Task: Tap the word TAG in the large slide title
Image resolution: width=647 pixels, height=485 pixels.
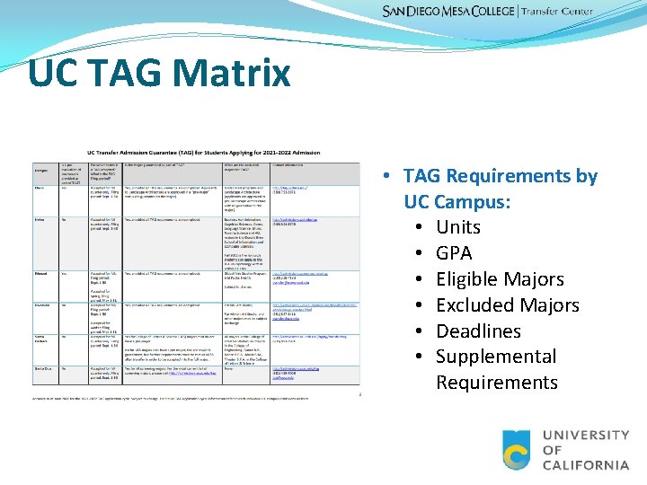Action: [120, 72]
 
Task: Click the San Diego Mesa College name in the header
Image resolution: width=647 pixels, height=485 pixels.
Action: [448, 12]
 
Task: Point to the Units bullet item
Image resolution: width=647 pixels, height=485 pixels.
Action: [458, 227]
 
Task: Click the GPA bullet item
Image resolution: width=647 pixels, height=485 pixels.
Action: [454, 253]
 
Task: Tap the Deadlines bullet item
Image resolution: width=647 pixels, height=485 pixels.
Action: [478, 331]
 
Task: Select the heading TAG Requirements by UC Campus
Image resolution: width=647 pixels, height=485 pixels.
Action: [500, 188]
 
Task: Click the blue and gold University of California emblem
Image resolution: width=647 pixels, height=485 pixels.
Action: [517, 450]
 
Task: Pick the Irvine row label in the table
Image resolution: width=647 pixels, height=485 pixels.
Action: [40, 218]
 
